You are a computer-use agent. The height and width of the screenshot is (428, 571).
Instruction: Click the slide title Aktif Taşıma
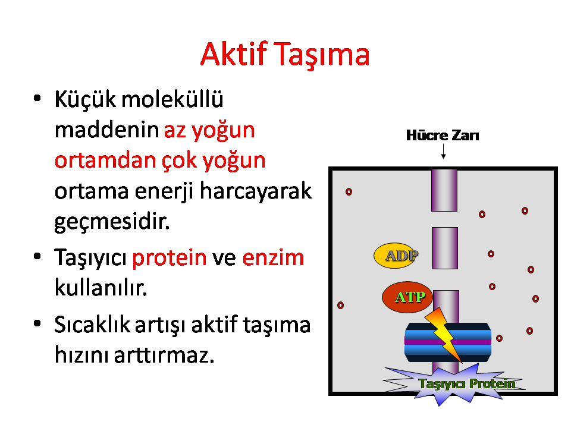click(x=285, y=55)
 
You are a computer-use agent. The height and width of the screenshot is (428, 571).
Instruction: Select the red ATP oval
click(x=407, y=297)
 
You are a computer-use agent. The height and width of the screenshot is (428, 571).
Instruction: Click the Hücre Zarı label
click(x=443, y=135)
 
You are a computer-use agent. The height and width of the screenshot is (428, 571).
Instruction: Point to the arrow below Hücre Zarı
click(x=443, y=152)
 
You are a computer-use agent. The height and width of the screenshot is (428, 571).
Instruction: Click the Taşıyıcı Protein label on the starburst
click(x=468, y=383)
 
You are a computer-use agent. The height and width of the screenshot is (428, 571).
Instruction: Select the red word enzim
click(x=273, y=257)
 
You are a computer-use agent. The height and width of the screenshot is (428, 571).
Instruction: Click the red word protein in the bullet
click(x=170, y=257)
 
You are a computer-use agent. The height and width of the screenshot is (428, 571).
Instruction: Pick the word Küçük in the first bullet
click(x=85, y=99)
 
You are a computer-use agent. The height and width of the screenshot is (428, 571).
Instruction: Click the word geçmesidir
click(x=112, y=221)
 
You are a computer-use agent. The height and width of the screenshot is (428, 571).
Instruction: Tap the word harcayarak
click(x=256, y=191)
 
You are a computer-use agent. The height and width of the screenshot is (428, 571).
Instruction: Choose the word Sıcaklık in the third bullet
click(x=92, y=325)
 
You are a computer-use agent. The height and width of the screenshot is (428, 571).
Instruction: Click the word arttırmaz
click(x=164, y=354)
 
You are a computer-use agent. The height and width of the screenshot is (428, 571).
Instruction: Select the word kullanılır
click(x=101, y=288)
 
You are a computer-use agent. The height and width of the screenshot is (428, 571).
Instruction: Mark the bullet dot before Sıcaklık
click(x=37, y=323)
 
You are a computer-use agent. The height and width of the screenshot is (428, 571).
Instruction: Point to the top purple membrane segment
click(x=444, y=190)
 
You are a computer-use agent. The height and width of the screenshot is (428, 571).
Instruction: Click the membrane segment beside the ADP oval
click(x=445, y=248)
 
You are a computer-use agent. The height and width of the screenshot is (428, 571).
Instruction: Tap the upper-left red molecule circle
click(x=349, y=192)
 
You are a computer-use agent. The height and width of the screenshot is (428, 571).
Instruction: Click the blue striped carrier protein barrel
click(x=448, y=342)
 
